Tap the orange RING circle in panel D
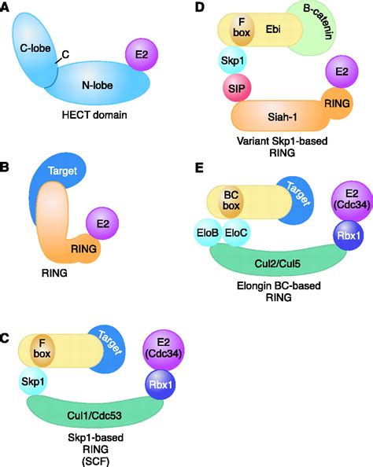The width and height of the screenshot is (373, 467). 338,101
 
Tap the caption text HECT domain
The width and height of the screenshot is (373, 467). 85,116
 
